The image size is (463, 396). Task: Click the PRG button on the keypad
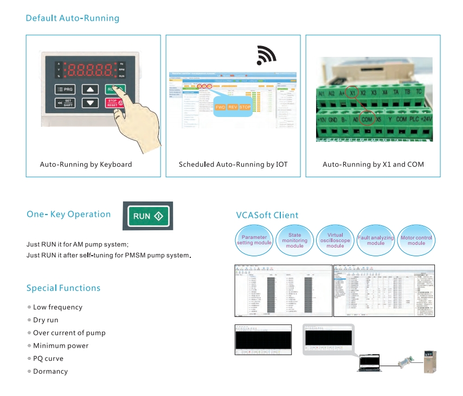(65, 89)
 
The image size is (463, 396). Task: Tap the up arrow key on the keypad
(90, 89)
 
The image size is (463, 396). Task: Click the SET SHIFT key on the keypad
(65, 102)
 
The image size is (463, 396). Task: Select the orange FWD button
(221, 107)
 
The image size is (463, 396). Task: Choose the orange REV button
(233, 107)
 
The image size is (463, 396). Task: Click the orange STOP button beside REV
(245, 107)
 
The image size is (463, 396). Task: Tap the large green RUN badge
(148, 216)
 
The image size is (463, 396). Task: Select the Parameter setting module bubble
(254, 240)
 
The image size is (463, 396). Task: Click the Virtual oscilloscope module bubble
(335, 241)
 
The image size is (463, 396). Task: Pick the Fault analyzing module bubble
(376, 240)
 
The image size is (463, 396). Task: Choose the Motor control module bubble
(416, 240)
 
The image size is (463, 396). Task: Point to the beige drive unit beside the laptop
(433, 360)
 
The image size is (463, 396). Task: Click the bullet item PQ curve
(48, 359)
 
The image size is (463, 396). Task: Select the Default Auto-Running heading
(73, 18)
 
